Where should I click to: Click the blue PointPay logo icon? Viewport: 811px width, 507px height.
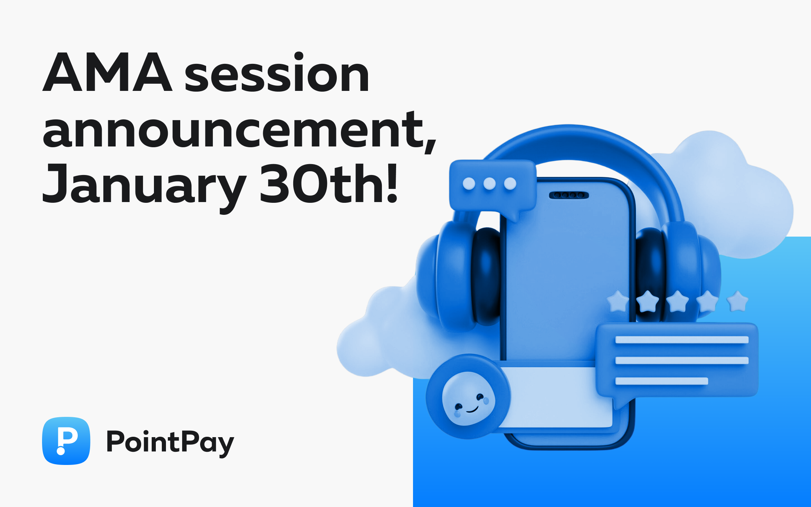pos(66,441)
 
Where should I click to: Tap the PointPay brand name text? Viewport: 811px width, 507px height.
pos(170,442)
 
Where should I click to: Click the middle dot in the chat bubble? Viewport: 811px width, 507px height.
pos(489,184)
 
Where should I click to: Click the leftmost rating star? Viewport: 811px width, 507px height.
pos(618,302)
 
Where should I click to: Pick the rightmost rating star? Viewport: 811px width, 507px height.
pos(738,302)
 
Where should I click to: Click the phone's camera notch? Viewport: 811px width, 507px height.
pos(569,195)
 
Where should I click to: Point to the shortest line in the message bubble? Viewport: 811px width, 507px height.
pos(661,381)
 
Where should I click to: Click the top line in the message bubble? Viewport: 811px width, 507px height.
pos(681,340)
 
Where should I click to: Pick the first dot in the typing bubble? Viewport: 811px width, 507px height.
pos(469,184)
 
